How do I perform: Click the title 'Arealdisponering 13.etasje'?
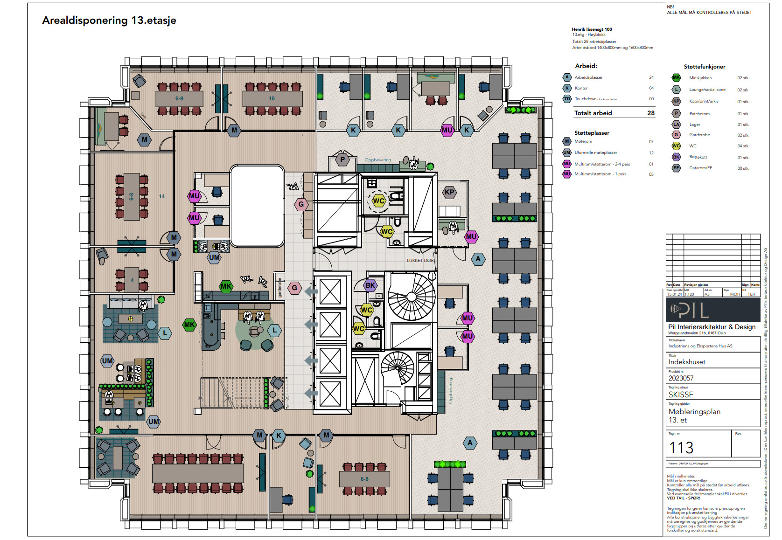tap(109, 21)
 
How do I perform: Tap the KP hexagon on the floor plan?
tap(449, 192)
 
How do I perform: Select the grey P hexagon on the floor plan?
tap(342, 159)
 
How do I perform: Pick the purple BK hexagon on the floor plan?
tap(370, 285)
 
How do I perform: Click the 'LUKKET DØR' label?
tap(420, 261)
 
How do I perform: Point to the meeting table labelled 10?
tap(272, 98)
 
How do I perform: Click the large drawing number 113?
tap(681, 448)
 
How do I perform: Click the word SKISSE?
tap(681, 395)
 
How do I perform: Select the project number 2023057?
tap(681, 378)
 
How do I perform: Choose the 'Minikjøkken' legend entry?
tap(700, 78)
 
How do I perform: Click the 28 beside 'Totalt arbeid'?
tap(651, 113)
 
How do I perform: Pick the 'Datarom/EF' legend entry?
tap(700, 168)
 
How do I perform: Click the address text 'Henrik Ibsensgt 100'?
tap(592, 29)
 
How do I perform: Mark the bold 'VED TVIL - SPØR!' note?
tap(683, 498)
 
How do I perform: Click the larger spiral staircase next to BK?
tap(412, 297)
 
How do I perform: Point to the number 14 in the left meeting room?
tap(161, 196)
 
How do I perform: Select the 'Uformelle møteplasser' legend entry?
tap(595, 152)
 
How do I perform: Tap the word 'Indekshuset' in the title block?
tap(686, 362)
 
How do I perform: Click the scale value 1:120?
tap(689, 294)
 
